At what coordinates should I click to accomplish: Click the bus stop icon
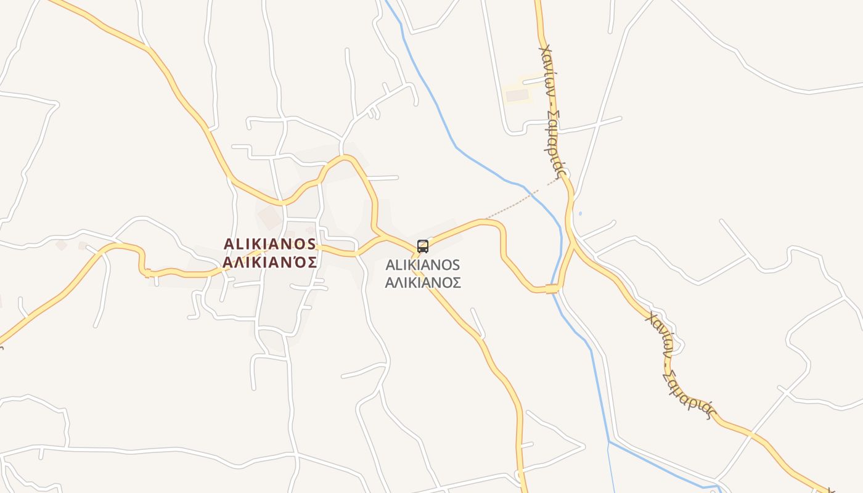(x=423, y=246)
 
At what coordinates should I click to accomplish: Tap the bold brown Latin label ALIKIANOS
(x=270, y=244)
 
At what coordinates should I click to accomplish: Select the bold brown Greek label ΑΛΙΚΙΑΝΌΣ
(x=270, y=263)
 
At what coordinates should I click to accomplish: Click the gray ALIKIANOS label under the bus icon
(x=423, y=265)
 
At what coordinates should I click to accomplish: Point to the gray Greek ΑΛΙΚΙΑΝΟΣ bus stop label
(x=423, y=283)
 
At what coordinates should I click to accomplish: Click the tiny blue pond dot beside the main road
(x=580, y=214)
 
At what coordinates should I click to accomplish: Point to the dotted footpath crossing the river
(x=524, y=198)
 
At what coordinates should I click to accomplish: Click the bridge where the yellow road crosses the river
(x=552, y=288)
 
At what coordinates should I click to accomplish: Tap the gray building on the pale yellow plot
(x=517, y=96)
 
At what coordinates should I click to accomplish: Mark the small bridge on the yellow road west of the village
(x=147, y=272)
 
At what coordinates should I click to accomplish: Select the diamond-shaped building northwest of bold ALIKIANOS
(x=269, y=217)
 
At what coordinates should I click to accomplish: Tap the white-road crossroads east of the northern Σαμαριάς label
(x=597, y=124)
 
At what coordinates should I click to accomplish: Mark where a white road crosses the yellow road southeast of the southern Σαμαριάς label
(x=751, y=433)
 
